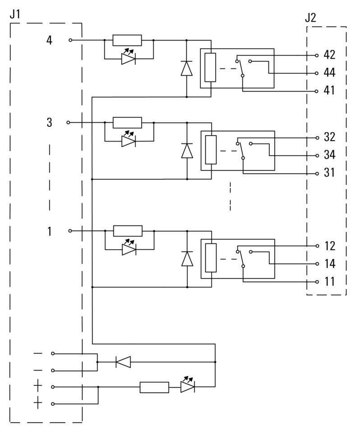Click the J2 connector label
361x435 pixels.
click(310, 18)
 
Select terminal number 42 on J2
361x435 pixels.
click(329, 55)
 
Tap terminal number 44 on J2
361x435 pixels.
click(329, 73)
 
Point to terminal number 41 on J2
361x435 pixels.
click(329, 91)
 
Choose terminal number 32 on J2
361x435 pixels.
click(329, 137)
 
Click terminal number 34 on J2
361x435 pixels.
click(329, 155)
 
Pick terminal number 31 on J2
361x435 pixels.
click(329, 173)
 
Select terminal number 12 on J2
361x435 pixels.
click(329, 246)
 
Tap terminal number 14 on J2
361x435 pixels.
click(329, 264)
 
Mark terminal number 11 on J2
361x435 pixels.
click(329, 282)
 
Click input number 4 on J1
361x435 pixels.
click(49, 41)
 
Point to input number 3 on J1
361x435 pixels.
click(49, 123)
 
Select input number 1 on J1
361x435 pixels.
click(49, 232)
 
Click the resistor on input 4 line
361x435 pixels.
click(127, 40)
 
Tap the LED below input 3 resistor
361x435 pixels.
click(129, 141)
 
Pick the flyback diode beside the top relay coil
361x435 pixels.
click(187, 68)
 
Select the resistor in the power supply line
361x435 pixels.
click(154, 387)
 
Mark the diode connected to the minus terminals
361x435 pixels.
click(123, 362)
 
